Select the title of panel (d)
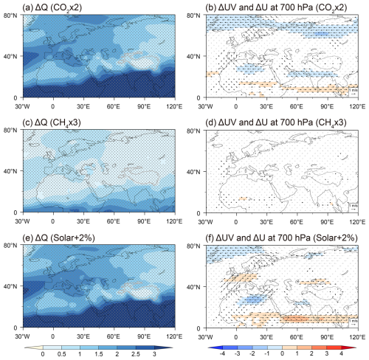pyautogui.click(x=269, y=122)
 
